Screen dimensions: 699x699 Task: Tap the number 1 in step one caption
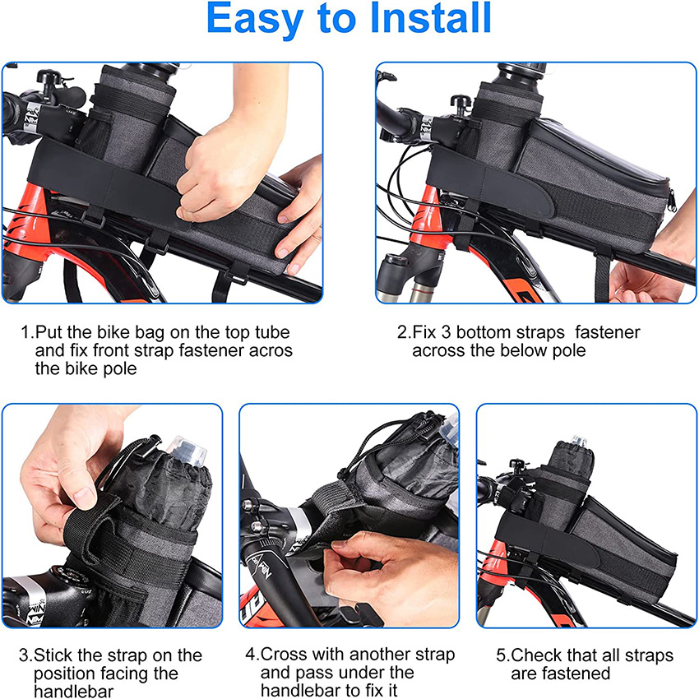25,332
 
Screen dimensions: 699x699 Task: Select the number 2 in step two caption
402,332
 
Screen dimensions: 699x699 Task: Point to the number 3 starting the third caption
25,655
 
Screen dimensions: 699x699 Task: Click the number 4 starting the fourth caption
251,655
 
